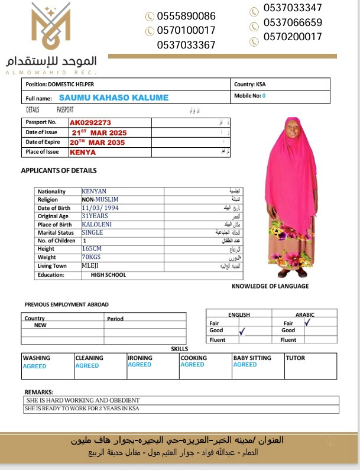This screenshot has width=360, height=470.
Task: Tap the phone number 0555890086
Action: [186, 16]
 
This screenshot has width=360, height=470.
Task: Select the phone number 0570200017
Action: [293, 37]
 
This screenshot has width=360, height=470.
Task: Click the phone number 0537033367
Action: [186, 44]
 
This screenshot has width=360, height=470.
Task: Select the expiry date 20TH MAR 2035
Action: [98, 142]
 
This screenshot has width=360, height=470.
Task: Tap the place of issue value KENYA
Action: [83, 152]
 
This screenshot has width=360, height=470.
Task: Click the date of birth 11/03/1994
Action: [100, 208]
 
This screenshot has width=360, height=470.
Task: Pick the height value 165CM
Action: [92, 249]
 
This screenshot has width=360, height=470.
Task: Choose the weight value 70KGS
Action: [92, 258]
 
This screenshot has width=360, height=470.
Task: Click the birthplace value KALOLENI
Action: [96, 225]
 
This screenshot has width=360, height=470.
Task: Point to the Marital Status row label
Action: [56, 233]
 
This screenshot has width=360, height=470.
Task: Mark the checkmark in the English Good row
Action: [241, 333]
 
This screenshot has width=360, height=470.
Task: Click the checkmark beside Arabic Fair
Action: [307, 323]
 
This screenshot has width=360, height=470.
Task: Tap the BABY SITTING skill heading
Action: [252, 358]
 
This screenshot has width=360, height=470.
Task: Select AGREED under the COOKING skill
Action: [192, 365]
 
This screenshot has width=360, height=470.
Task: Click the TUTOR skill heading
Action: [296, 358]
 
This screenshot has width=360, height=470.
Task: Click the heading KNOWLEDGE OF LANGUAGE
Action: [270, 286]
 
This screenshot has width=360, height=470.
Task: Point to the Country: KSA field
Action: [250, 85]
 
